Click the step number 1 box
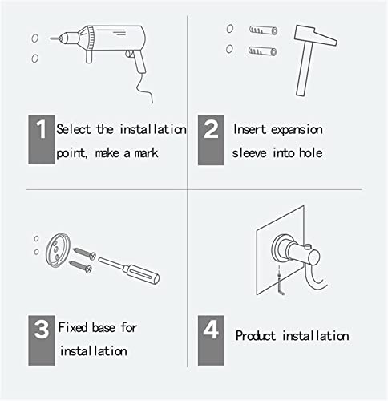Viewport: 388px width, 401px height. (42, 140)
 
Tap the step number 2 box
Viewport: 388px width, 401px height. (211, 140)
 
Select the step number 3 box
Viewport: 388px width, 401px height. (42, 340)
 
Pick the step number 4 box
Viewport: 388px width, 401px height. (211, 340)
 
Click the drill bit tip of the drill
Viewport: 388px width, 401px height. (51, 38)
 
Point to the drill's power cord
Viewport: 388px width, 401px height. (144, 88)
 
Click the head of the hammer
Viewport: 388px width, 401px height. (315, 35)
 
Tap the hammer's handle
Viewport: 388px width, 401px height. (305, 70)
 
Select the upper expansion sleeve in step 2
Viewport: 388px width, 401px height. (263, 30)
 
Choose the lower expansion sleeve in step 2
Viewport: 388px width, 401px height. (262, 51)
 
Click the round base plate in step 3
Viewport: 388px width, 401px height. (58, 250)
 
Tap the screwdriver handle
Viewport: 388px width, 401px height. (141, 273)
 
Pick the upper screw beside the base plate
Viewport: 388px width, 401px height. (85, 253)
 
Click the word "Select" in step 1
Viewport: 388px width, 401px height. (74, 129)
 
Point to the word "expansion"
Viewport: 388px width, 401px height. (297, 130)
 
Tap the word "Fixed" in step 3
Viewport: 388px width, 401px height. (73, 327)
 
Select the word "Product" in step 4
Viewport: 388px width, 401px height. (255, 336)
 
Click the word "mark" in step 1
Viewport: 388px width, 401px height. (146, 153)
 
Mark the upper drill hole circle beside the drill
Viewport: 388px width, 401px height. (35, 38)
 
